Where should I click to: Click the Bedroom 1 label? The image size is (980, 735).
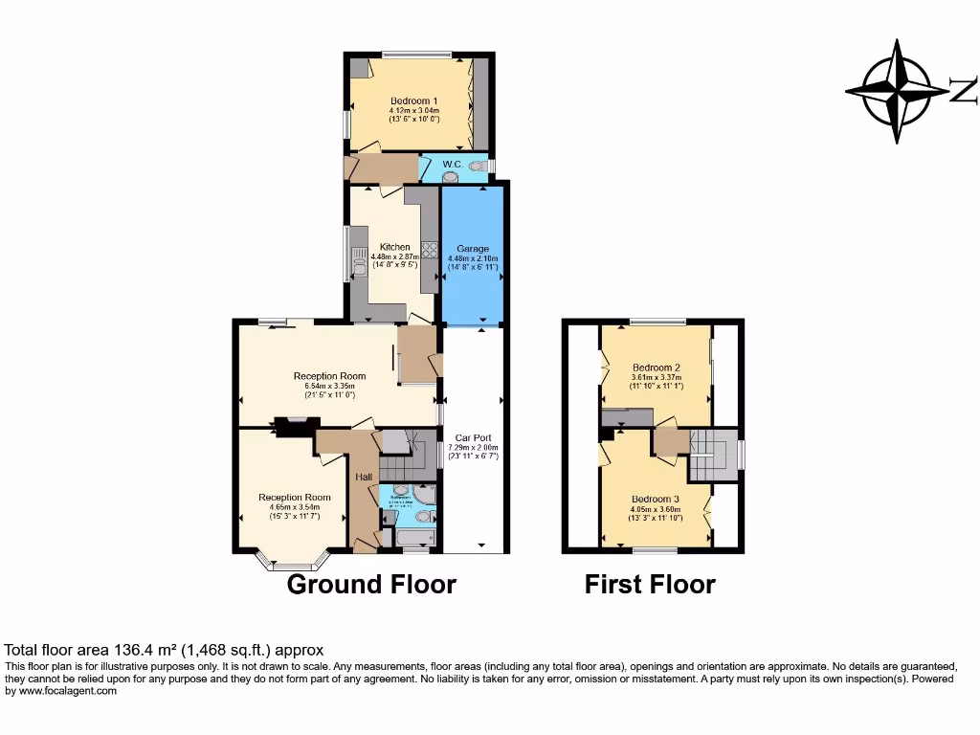414,100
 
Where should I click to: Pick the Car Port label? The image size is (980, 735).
475,437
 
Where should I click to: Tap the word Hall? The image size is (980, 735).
364,477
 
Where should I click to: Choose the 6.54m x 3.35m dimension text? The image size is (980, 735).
329,386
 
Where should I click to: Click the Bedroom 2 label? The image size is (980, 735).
656,367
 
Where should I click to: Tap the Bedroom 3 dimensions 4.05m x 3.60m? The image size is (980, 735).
655,509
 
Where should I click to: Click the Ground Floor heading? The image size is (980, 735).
371,584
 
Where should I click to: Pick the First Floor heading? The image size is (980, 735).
650,584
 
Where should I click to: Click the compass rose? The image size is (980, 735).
896,92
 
